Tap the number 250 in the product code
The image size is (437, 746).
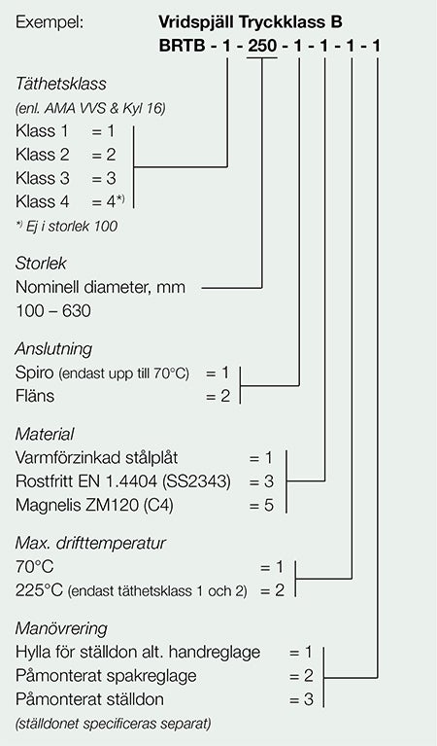[262, 46]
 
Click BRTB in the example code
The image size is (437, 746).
[182, 46]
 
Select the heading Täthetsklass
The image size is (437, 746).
[61, 84]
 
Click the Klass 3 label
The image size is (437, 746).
[43, 178]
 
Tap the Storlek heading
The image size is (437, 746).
[41, 264]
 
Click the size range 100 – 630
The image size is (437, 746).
[53, 311]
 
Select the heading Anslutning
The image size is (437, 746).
[53, 349]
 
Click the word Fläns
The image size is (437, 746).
[35, 396]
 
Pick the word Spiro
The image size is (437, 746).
[35, 373]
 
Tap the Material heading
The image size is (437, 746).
[45, 434]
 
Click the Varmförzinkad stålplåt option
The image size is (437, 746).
[97, 458]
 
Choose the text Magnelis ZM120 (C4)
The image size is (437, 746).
[94, 505]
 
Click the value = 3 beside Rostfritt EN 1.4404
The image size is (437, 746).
[262, 481]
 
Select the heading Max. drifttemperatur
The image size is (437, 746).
[90, 543]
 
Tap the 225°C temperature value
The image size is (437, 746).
[39, 590]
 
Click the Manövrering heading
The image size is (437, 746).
[61, 628]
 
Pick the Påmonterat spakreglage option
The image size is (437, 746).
[106, 676]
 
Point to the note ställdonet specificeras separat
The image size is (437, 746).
[113, 724]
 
